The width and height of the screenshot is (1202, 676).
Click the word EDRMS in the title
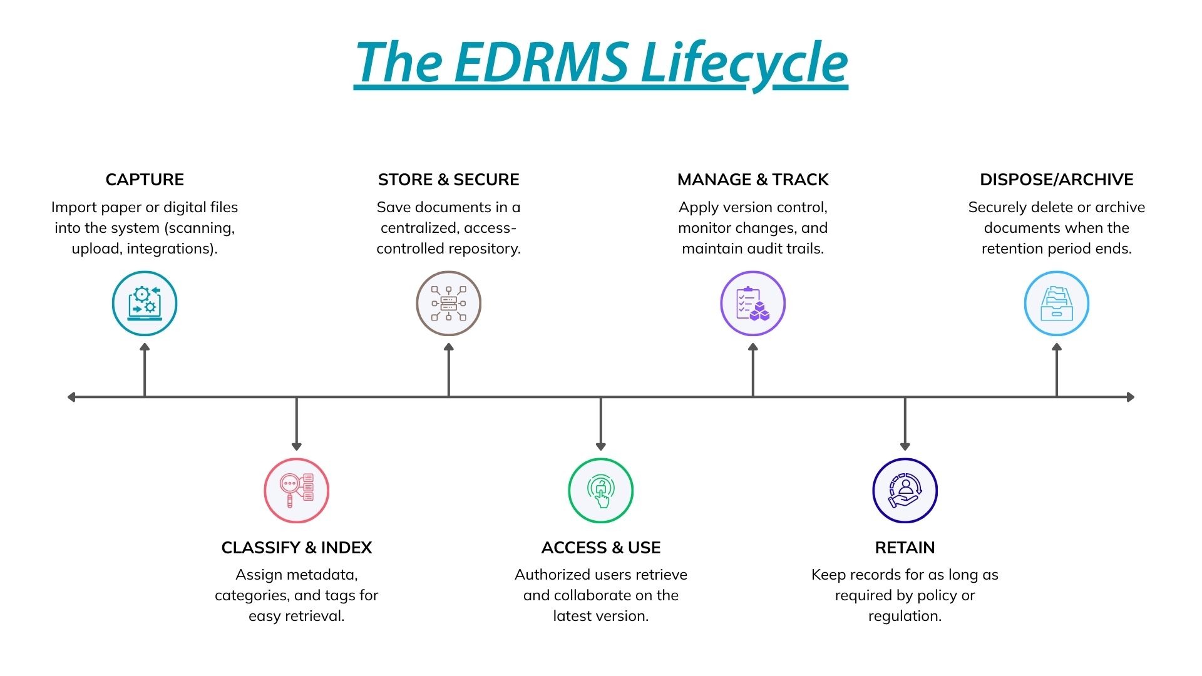[541, 63]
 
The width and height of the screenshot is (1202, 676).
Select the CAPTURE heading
[145, 180]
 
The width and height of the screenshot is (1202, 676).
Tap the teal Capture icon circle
[145, 304]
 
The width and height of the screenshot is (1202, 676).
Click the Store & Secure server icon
[449, 304]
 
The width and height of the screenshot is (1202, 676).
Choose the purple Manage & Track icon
[753, 304]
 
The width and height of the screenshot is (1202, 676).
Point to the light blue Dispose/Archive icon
[1057, 304]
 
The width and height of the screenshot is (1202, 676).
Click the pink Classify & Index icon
[297, 490]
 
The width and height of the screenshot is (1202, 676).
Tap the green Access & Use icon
[601, 490]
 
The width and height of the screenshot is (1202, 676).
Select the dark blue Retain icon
[905, 490]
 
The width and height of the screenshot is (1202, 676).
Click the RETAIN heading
[905, 548]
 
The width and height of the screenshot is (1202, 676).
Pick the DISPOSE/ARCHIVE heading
[1057, 180]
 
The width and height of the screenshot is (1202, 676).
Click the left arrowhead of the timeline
[72, 397]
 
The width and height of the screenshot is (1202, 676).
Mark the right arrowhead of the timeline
[1130, 397]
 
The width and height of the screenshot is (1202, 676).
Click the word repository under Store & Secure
[483, 248]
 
